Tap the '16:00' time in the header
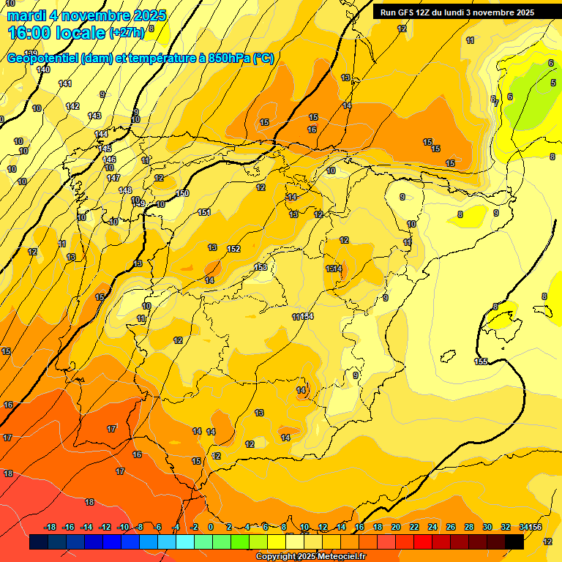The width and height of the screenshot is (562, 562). tap(31, 32)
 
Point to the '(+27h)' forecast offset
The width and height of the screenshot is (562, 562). tap(127, 33)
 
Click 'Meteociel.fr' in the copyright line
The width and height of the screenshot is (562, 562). tap(339, 557)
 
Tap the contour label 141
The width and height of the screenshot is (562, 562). tap(65, 83)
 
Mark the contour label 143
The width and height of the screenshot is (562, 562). tap(94, 116)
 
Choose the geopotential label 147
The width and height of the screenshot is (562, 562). tap(113, 178)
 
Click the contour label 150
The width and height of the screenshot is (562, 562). tap(182, 194)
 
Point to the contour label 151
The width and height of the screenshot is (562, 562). tap(204, 212)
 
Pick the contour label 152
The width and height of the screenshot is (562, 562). tap(233, 249)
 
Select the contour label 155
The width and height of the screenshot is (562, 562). tap(481, 361)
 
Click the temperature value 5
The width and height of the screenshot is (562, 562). tap(553, 83)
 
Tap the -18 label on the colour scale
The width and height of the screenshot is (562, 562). tap(50, 527)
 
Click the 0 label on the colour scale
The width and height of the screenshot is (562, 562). tap(211, 527)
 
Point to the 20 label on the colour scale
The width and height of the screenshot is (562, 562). tap(396, 527)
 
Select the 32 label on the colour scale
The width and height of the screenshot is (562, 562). tap(506, 527)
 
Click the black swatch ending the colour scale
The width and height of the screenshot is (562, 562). tap(514, 542)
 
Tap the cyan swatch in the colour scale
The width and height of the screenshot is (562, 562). tap(185, 542)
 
